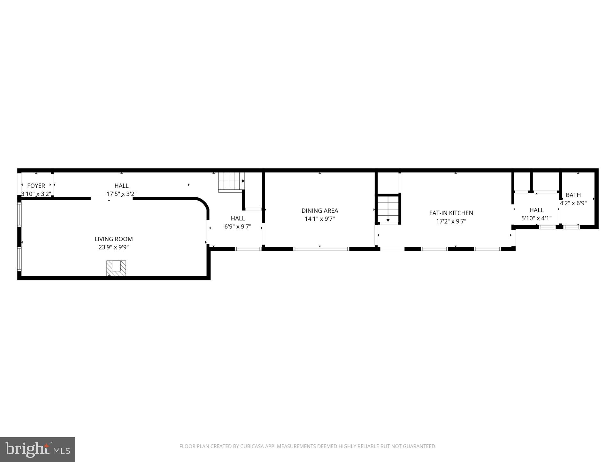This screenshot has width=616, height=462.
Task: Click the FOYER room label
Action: pyautogui.click(x=36, y=186)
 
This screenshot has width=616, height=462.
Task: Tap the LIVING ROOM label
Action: pyautogui.click(x=114, y=239)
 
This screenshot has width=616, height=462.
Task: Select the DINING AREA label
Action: pyautogui.click(x=320, y=211)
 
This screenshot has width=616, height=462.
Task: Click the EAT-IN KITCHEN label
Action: pyautogui.click(x=451, y=213)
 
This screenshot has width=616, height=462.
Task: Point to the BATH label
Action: pyautogui.click(x=573, y=195)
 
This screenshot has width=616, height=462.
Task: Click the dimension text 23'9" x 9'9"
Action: pyautogui.click(x=114, y=247)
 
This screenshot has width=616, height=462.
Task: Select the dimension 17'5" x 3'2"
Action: pyautogui.click(x=122, y=194)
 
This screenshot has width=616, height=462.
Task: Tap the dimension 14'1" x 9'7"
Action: pyautogui.click(x=320, y=219)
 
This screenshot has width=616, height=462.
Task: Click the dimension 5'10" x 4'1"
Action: pyautogui.click(x=536, y=218)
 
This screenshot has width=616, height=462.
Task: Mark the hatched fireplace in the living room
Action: pyautogui.click(x=116, y=268)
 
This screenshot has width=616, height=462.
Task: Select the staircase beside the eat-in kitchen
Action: pyautogui.click(x=388, y=209)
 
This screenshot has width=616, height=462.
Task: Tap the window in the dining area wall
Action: pyautogui.click(x=321, y=249)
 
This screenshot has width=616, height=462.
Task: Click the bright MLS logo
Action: pyautogui.click(x=38, y=449)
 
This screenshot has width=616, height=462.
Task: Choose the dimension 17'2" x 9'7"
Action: pyautogui.click(x=451, y=221)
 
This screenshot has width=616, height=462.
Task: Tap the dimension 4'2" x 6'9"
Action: pyautogui.click(x=573, y=203)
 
